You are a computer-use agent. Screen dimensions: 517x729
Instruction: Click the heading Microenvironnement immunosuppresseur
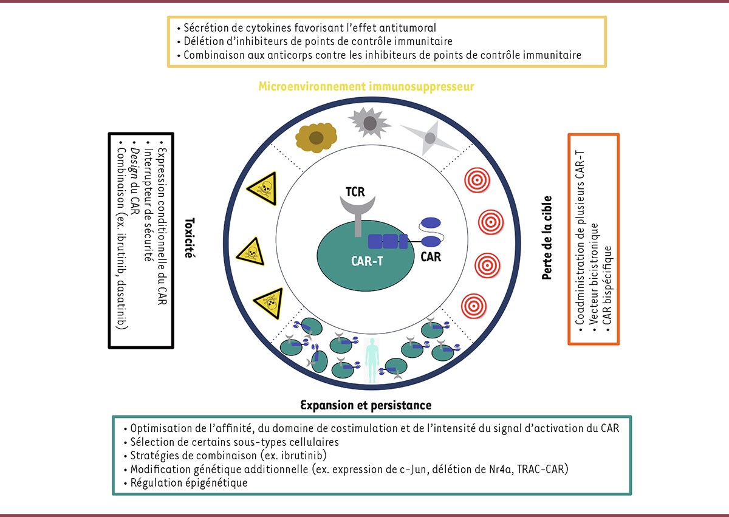366,86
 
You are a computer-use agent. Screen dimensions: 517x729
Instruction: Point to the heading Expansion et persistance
366,405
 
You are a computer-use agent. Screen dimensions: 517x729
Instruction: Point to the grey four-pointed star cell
430,139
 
